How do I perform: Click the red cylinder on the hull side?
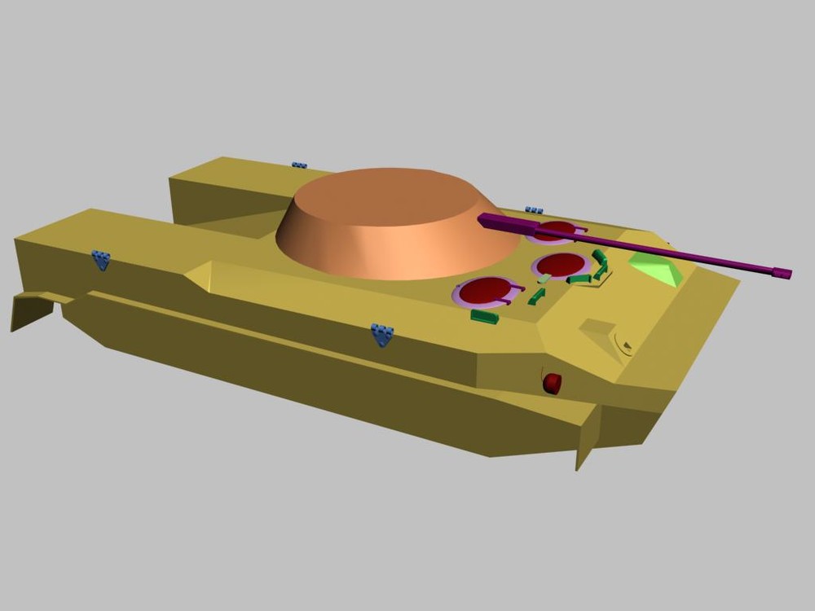tap(553, 384)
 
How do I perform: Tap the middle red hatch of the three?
tap(561, 265)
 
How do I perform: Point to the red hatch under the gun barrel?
tap(556, 231)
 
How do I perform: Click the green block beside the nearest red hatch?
tap(484, 316)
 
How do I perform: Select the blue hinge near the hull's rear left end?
tap(101, 260)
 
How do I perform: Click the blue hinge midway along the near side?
tap(382, 333)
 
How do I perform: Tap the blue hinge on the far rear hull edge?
tap(300, 165)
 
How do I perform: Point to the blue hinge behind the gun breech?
tap(534, 210)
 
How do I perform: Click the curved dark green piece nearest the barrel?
tap(601, 259)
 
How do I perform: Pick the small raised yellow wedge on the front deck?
tap(599, 331)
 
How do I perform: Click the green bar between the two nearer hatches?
tap(536, 297)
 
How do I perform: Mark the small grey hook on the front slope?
tap(626, 345)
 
